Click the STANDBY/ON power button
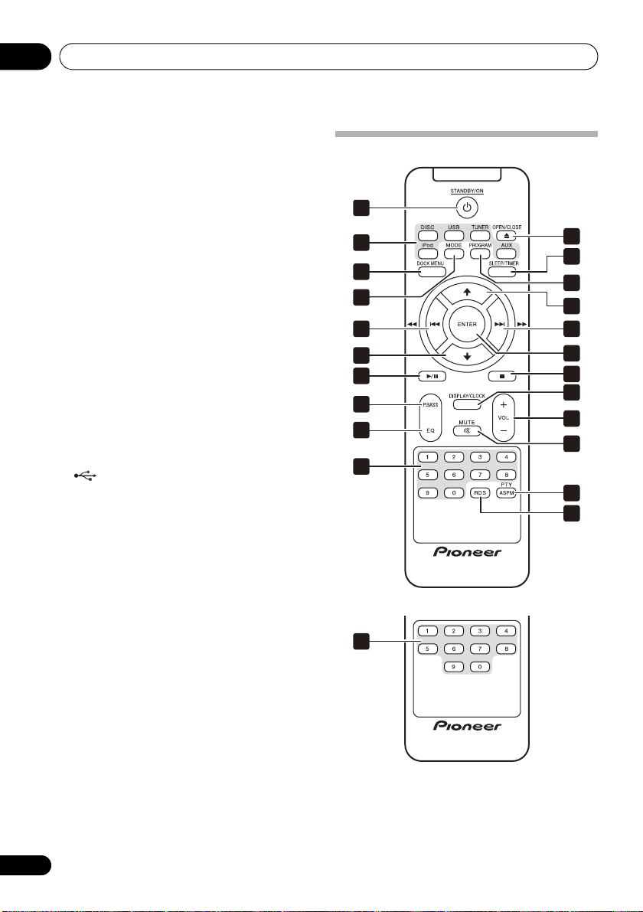click(x=467, y=207)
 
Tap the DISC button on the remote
click(x=427, y=236)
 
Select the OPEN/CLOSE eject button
click(x=507, y=236)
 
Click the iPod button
click(x=427, y=253)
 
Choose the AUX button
click(x=507, y=253)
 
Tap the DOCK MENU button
click(x=430, y=272)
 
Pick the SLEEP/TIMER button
click(x=502, y=272)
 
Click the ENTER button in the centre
click(x=467, y=325)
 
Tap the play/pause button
click(x=431, y=376)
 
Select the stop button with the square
click(x=503, y=376)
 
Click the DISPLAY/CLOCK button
click(x=467, y=404)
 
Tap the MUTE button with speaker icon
click(x=467, y=431)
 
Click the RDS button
click(x=480, y=492)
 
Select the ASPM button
click(x=507, y=492)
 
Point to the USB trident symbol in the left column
click(x=85, y=476)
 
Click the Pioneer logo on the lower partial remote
click(x=467, y=726)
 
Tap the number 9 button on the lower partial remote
click(x=453, y=666)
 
